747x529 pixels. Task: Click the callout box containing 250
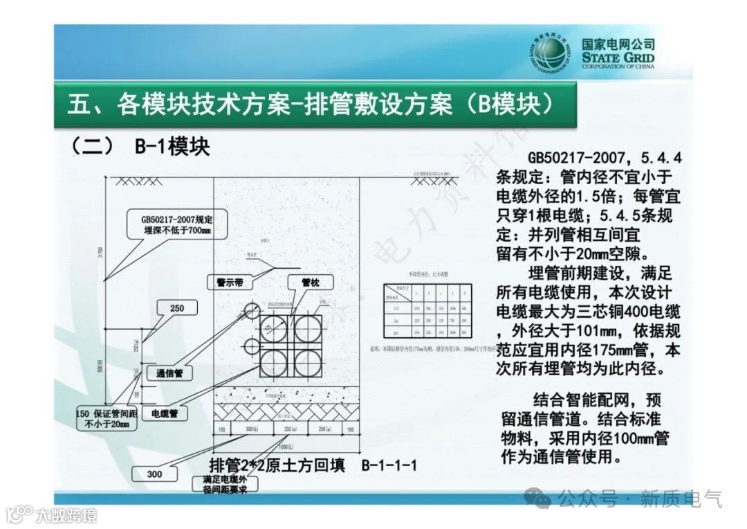point(176,308)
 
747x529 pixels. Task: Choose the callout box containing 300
point(154,474)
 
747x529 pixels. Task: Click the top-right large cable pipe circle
point(306,328)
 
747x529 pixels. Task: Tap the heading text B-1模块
point(169,147)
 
